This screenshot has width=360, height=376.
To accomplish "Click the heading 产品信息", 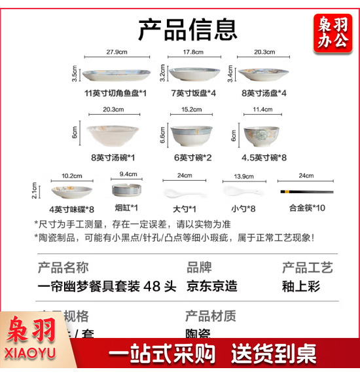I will (x=187, y=29).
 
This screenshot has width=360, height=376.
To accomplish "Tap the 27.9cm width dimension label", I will (x=117, y=52).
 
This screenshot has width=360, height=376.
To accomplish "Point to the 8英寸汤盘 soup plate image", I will (x=263, y=72).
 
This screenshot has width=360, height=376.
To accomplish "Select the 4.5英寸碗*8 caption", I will (x=263, y=157).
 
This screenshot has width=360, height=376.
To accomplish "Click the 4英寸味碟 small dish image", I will (x=71, y=191).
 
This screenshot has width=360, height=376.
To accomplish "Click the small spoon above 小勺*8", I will (x=234, y=191).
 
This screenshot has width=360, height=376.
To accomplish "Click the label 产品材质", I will (x=211, y=316).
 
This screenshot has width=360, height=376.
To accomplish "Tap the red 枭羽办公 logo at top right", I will (x=333, y=33).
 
